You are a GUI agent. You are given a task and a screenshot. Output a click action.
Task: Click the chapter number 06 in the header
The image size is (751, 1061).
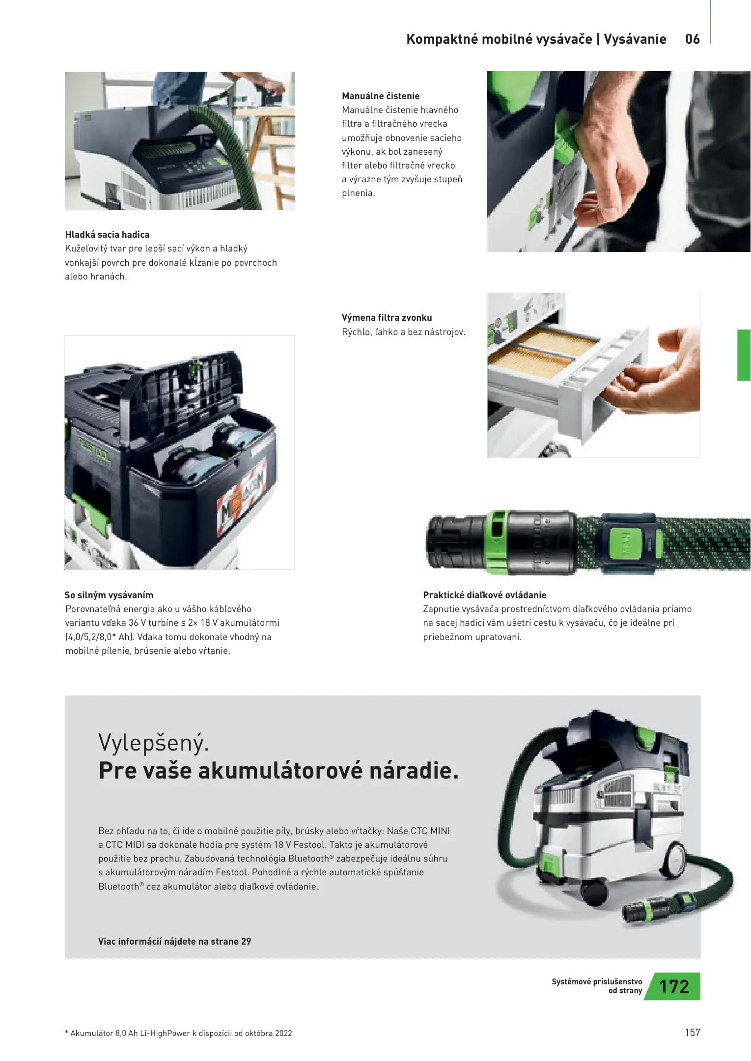692,39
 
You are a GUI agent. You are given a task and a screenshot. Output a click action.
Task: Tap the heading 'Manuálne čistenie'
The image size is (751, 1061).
381,96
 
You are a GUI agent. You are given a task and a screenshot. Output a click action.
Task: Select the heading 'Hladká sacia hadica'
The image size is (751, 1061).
107,235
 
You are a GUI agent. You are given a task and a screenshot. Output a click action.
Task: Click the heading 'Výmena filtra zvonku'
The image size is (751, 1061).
387,318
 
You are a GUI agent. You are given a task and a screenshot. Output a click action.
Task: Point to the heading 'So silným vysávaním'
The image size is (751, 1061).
109,595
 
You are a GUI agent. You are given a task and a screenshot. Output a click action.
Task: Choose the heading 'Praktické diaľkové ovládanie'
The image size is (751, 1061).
485,595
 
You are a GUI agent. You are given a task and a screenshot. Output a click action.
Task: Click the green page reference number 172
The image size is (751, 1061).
674,987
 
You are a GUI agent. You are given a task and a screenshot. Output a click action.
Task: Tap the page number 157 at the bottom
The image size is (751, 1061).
693,1033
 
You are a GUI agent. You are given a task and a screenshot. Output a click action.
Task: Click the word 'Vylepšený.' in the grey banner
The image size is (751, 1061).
154,743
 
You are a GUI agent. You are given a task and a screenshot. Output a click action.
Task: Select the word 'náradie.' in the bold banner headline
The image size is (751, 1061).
414,770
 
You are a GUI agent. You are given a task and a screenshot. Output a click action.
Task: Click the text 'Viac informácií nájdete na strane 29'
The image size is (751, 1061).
174,941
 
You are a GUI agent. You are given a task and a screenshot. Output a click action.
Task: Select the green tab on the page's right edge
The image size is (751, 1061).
744,355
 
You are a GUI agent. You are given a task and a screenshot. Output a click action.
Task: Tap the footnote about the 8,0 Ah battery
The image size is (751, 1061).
178,1033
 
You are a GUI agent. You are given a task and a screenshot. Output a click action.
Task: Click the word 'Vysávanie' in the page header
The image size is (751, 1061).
635,39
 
